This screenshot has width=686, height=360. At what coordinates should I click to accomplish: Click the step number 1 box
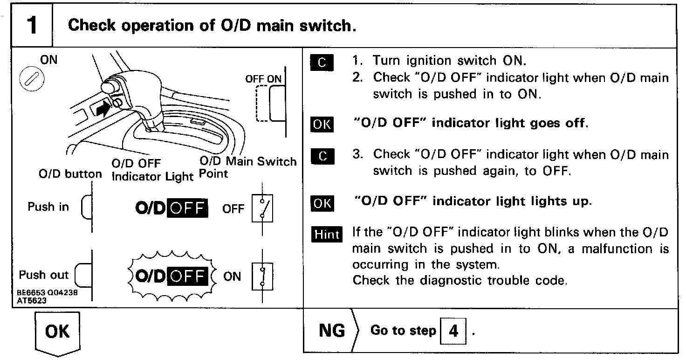click(32, 25)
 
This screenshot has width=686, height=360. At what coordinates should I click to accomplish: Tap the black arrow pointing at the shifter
click(103, 109)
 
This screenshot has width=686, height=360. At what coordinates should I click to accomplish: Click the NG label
click(331, 331)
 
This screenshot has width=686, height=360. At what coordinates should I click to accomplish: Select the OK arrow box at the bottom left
click(57, 332)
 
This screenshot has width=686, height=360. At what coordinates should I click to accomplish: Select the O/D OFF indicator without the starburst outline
click(171, 208)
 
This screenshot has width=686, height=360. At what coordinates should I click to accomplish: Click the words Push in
click(48, 207)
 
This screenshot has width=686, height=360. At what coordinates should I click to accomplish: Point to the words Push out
click(44, 275)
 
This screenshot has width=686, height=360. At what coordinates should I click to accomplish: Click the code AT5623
click(31, 301)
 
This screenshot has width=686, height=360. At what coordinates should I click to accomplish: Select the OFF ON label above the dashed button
click(263, 79)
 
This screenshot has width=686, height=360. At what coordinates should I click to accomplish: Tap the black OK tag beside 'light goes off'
click(322, 125)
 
